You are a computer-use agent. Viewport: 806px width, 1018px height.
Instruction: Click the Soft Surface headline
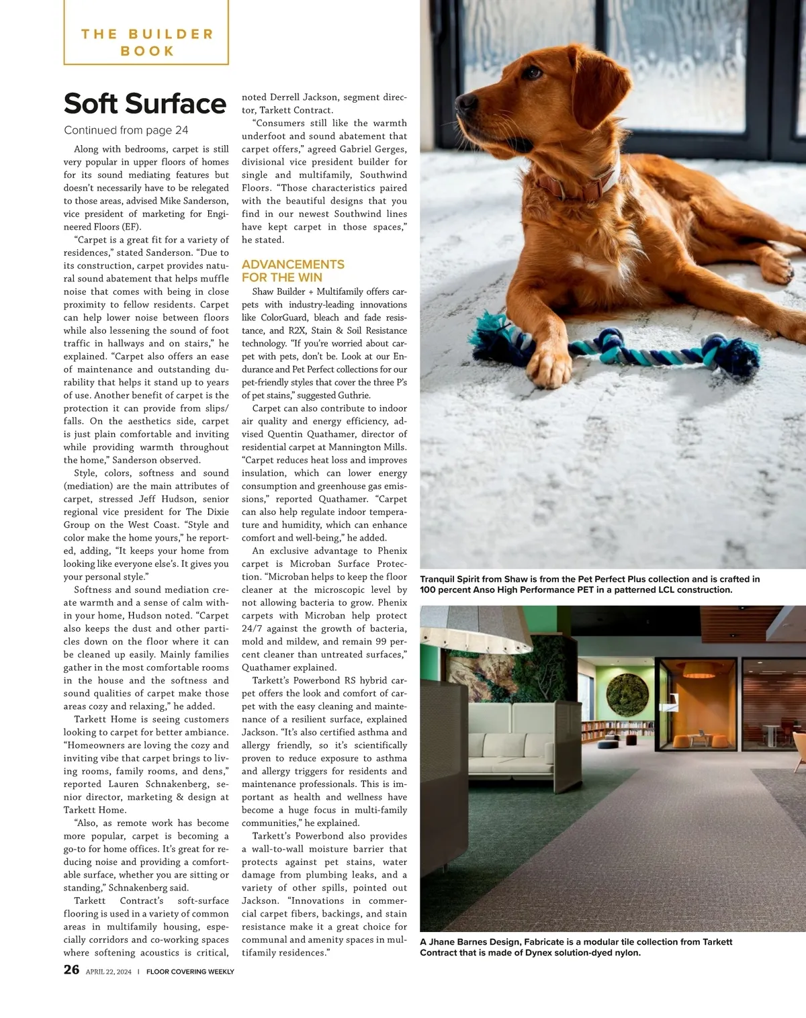(145, 103)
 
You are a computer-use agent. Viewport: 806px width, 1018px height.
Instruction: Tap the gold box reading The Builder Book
(146, 42)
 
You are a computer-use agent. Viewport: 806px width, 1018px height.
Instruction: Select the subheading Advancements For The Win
(293, 271)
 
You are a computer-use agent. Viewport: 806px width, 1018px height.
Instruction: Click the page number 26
(71, 970)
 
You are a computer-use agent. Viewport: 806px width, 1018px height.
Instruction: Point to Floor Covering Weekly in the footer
(190, 972)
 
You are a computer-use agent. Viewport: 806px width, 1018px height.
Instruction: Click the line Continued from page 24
(126, 130)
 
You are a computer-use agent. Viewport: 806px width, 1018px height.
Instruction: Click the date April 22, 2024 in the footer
(109, 972)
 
